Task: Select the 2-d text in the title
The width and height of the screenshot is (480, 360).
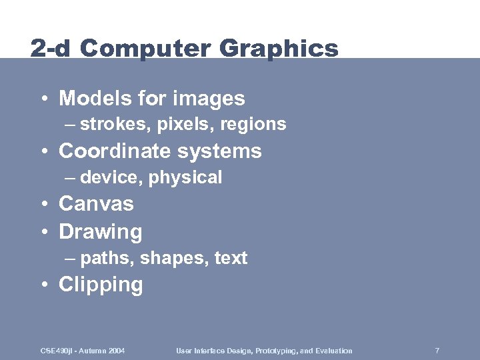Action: [50, 49]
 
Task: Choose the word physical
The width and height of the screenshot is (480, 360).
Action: [185, 178]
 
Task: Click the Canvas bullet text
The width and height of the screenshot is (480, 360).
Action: [97, 203]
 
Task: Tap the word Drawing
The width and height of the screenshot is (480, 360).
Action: [101, 232]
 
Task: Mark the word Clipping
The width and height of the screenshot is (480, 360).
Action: [101, 285]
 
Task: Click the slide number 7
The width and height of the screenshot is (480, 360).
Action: [437, 351]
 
